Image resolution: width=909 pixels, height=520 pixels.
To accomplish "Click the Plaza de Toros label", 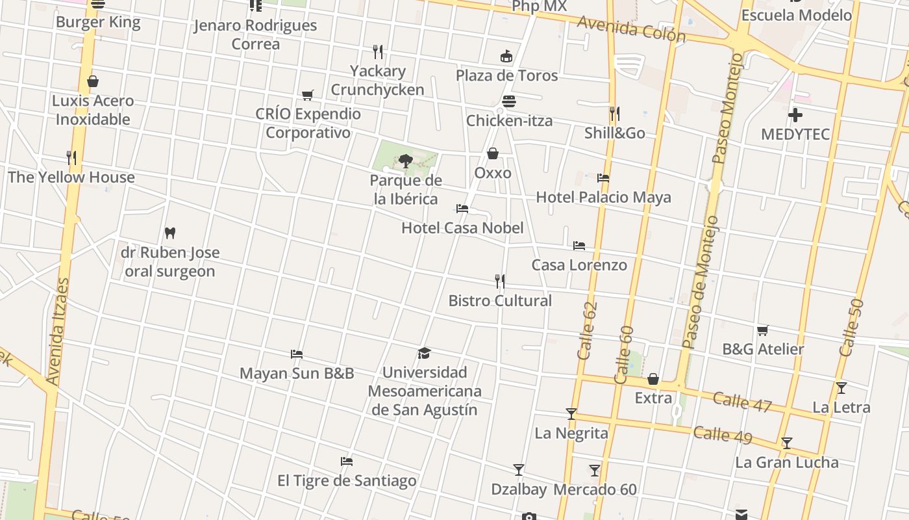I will [x=506, y=75].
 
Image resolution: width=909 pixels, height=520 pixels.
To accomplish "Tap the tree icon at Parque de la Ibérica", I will [x=406, y=161].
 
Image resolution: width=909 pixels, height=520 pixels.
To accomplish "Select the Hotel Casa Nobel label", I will [x=462, y=228].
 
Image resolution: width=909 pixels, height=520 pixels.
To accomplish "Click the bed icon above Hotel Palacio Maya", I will [x=603, y=178].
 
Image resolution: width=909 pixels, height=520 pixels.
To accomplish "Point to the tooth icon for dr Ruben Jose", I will [x=170, y=233].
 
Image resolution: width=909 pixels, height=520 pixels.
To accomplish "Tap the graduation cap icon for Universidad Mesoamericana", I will [x=425, y=353].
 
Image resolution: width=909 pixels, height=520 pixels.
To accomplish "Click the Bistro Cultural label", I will [x=500, y=301].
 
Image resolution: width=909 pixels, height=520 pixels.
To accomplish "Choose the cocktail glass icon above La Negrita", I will [x=571, y=414].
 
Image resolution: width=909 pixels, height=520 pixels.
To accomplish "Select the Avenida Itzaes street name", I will [x=58, y=331].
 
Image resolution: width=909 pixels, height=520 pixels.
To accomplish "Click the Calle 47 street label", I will [x=742, y=402].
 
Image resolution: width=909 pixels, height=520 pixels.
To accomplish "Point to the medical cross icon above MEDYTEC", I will [x=795, y=116].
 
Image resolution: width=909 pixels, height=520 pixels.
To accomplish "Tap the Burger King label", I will [x=98, y=22].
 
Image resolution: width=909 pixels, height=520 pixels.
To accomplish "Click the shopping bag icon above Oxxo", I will [x=493, y=154].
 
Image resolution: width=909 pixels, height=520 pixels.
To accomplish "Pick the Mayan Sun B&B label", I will [x=297, y=373].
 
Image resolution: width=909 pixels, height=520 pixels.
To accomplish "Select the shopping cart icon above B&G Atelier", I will [x=763, y=330].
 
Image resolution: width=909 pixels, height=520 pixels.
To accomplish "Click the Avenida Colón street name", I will [x=631, y=29].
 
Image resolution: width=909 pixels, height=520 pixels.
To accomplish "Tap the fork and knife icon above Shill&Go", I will [x=614, y=114].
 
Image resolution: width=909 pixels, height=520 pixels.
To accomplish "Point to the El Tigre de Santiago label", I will [x=347, y=481].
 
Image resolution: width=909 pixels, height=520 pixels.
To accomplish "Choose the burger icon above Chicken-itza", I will [x=509, y=101].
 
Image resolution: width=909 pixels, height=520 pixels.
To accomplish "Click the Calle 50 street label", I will [x=851, y=328].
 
